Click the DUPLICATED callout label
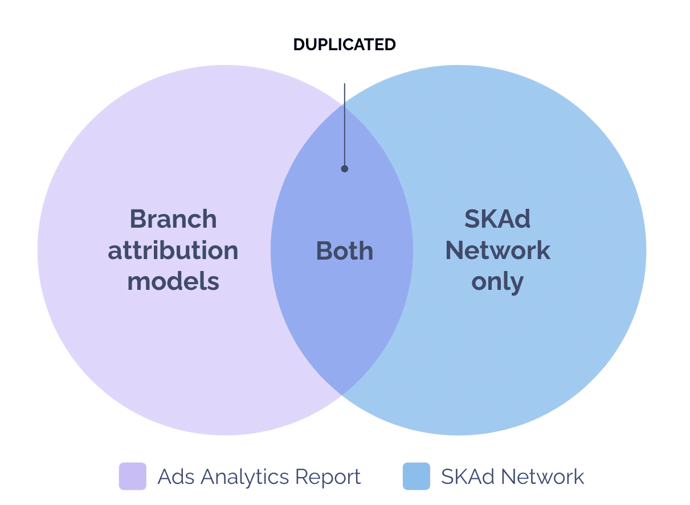tap(344, 45)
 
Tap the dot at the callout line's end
tap(344, 168)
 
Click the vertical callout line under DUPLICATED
tap(344, 126)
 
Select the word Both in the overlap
tap(344, 251)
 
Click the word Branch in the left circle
tap(173, 219)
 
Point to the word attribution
tap(173, 251)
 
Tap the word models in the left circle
tap(173, 282)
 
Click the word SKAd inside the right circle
tap(497, 219)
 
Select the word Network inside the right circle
tap(497, 251)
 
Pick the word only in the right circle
tap(497, 282)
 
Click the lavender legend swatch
tap(132, 476)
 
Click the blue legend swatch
tap(416, 476)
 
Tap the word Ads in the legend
tap(174, 476)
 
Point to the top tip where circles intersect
tap(342, 106)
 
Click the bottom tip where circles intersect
tap(342, 393)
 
